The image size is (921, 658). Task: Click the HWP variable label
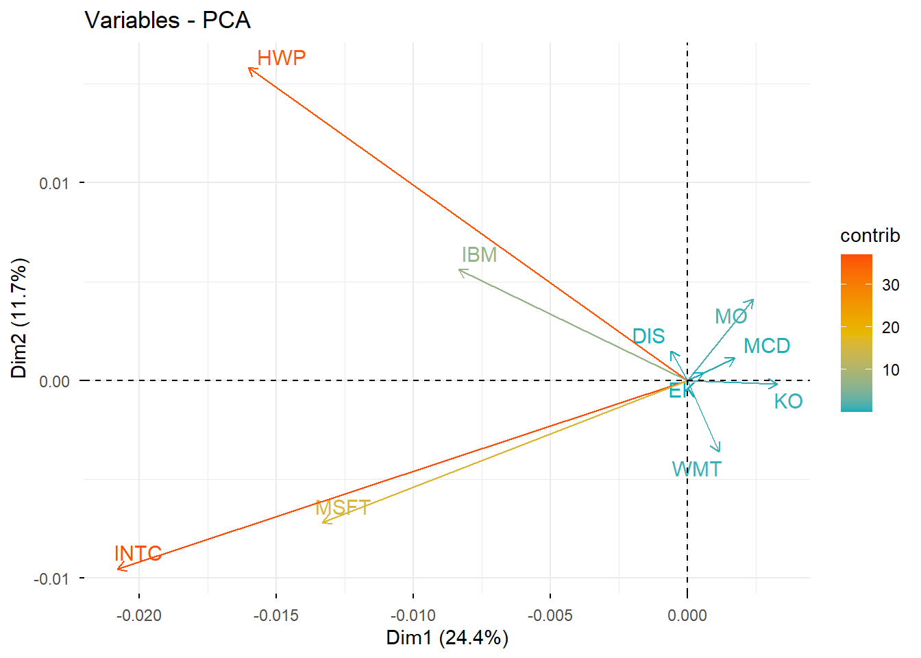pos(281,58)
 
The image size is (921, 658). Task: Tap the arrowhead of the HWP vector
pos(249,68)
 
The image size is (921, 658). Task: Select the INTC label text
pos(138,553)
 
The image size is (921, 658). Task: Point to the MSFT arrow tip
pos(323,523)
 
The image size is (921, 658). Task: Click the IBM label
pos(479,255)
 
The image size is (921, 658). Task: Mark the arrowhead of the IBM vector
pos(459,270)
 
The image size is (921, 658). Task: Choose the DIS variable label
pos(648,337)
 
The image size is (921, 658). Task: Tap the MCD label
pos(767,346)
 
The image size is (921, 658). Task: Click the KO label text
pos(788,402)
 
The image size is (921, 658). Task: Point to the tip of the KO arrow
pos(777,384)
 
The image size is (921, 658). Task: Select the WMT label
pos(696,470)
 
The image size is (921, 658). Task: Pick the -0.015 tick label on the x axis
pos(276,616)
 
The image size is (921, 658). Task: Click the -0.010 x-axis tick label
pos(413,616)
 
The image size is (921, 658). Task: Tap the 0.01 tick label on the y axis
pos(54,183)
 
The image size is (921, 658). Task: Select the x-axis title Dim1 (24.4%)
pos(447,638)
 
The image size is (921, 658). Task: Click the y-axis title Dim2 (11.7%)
pos(19,318)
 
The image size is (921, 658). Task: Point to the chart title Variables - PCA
pos(167,21)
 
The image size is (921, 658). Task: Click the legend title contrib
pos(870,236)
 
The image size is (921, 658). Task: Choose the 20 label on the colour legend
pos(890,328)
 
